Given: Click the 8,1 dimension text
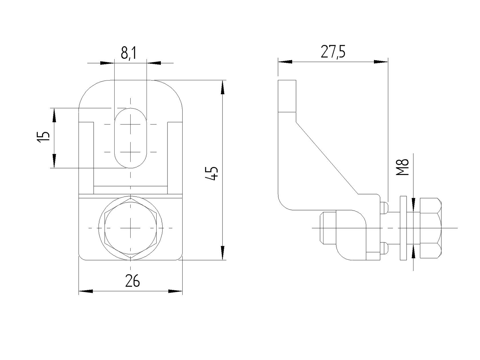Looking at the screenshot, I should pos(128,53).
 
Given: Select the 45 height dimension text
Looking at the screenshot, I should pos(213,174).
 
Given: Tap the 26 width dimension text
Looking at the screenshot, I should pos(132,281).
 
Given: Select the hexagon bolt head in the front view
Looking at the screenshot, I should pos(131,228).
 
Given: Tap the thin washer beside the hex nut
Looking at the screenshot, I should pos(403,228).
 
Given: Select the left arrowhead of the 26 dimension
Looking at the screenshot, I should pos(85,291).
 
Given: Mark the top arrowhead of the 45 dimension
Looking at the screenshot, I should pos(223,87).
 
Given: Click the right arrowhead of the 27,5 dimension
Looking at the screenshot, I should pos(381,61).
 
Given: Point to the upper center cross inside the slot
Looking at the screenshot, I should pos(131,124).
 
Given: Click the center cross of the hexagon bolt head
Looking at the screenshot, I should pos(131,228).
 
